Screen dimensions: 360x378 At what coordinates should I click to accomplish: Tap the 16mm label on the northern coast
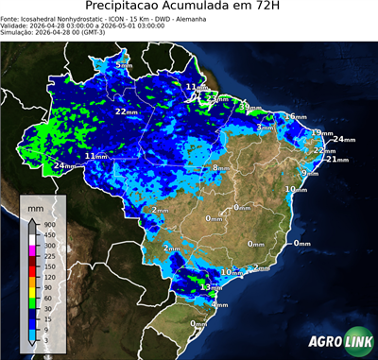pos(296,116)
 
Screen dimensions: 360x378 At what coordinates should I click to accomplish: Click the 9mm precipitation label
pos(310,173)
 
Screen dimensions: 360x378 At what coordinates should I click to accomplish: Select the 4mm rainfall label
pos(220,305)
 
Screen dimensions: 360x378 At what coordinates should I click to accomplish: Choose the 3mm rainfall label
pos(266,127)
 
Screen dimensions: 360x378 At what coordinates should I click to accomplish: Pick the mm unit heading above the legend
pos(35,205)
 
